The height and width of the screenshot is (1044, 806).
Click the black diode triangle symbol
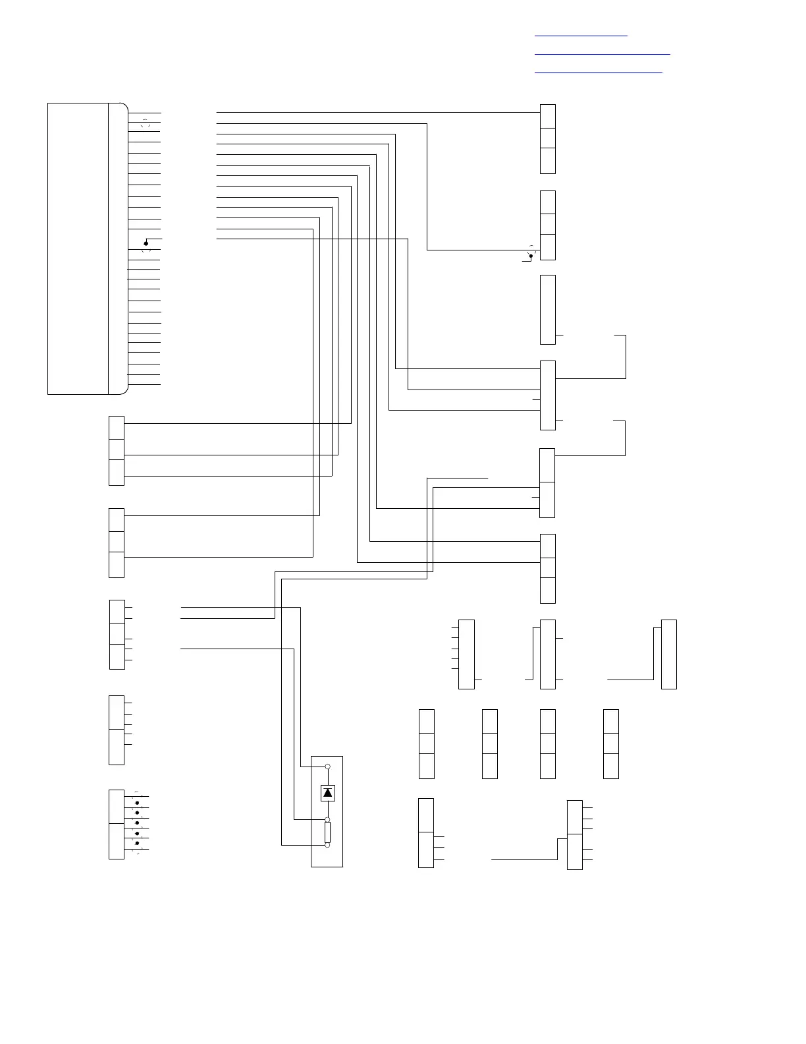click(x=328, y=793)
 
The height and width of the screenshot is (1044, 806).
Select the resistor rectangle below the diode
click(x=327, y=832)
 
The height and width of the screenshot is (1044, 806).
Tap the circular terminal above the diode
click(x=328, y=767)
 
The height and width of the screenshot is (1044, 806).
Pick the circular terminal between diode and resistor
click(x=328, y=820)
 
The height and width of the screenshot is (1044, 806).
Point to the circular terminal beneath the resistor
click(x=328, y=845)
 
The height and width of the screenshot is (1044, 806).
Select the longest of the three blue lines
click(x=602, y=53)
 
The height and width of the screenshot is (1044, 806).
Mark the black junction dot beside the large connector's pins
click(x=146, y=243)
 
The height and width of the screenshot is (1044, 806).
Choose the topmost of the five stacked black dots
click(x=137, y=802)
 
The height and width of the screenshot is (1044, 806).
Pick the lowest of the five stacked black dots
click(x=137, y=843)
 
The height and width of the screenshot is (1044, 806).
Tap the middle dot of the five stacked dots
click(x=137, y=823)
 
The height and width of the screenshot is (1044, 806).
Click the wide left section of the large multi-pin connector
click(x=78, y=248)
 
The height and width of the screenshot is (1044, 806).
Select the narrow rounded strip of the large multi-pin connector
click(x=117, y=248)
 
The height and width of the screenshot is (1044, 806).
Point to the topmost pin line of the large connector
click(x=144, y=113)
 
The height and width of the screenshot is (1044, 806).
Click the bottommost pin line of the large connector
click(x=144, y=384)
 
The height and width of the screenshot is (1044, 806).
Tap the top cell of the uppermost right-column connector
click(x=547, y=116)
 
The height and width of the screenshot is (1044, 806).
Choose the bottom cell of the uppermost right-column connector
click(x=547, y=161)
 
